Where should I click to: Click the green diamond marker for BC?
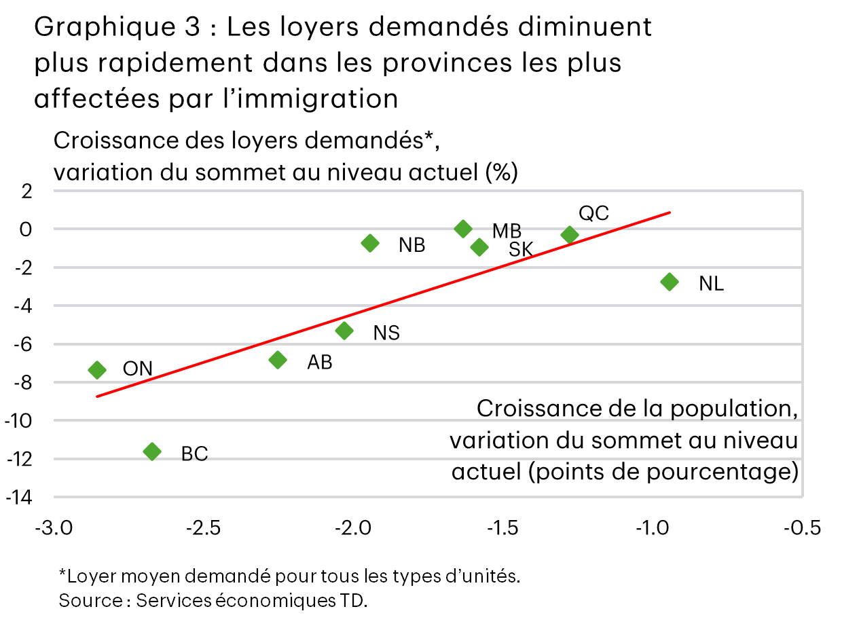[x=152, y=451]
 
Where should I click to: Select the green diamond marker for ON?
[x=97, y=369]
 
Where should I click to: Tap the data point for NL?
[x=670, y=282]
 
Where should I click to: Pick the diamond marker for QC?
[x=570, y=235]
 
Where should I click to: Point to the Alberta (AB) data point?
[x=278, y=360]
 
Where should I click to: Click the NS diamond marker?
[x=344, y=331]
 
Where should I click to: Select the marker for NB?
[x=370, y=243]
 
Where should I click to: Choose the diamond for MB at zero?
[x=463, y=229]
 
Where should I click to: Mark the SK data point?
[x=479, y=247]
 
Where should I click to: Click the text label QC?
[x=593, y=213]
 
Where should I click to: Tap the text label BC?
[x=194, y=454]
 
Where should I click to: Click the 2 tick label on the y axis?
[x=26, y=191]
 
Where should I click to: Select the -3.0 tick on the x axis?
[x=54, y=528]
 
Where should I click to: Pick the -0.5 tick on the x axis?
[x=802, y=528]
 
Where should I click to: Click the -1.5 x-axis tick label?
[x=502, y=528]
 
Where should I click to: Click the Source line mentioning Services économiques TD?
[x=213, y=601]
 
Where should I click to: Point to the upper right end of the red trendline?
[x=670, y=212]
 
